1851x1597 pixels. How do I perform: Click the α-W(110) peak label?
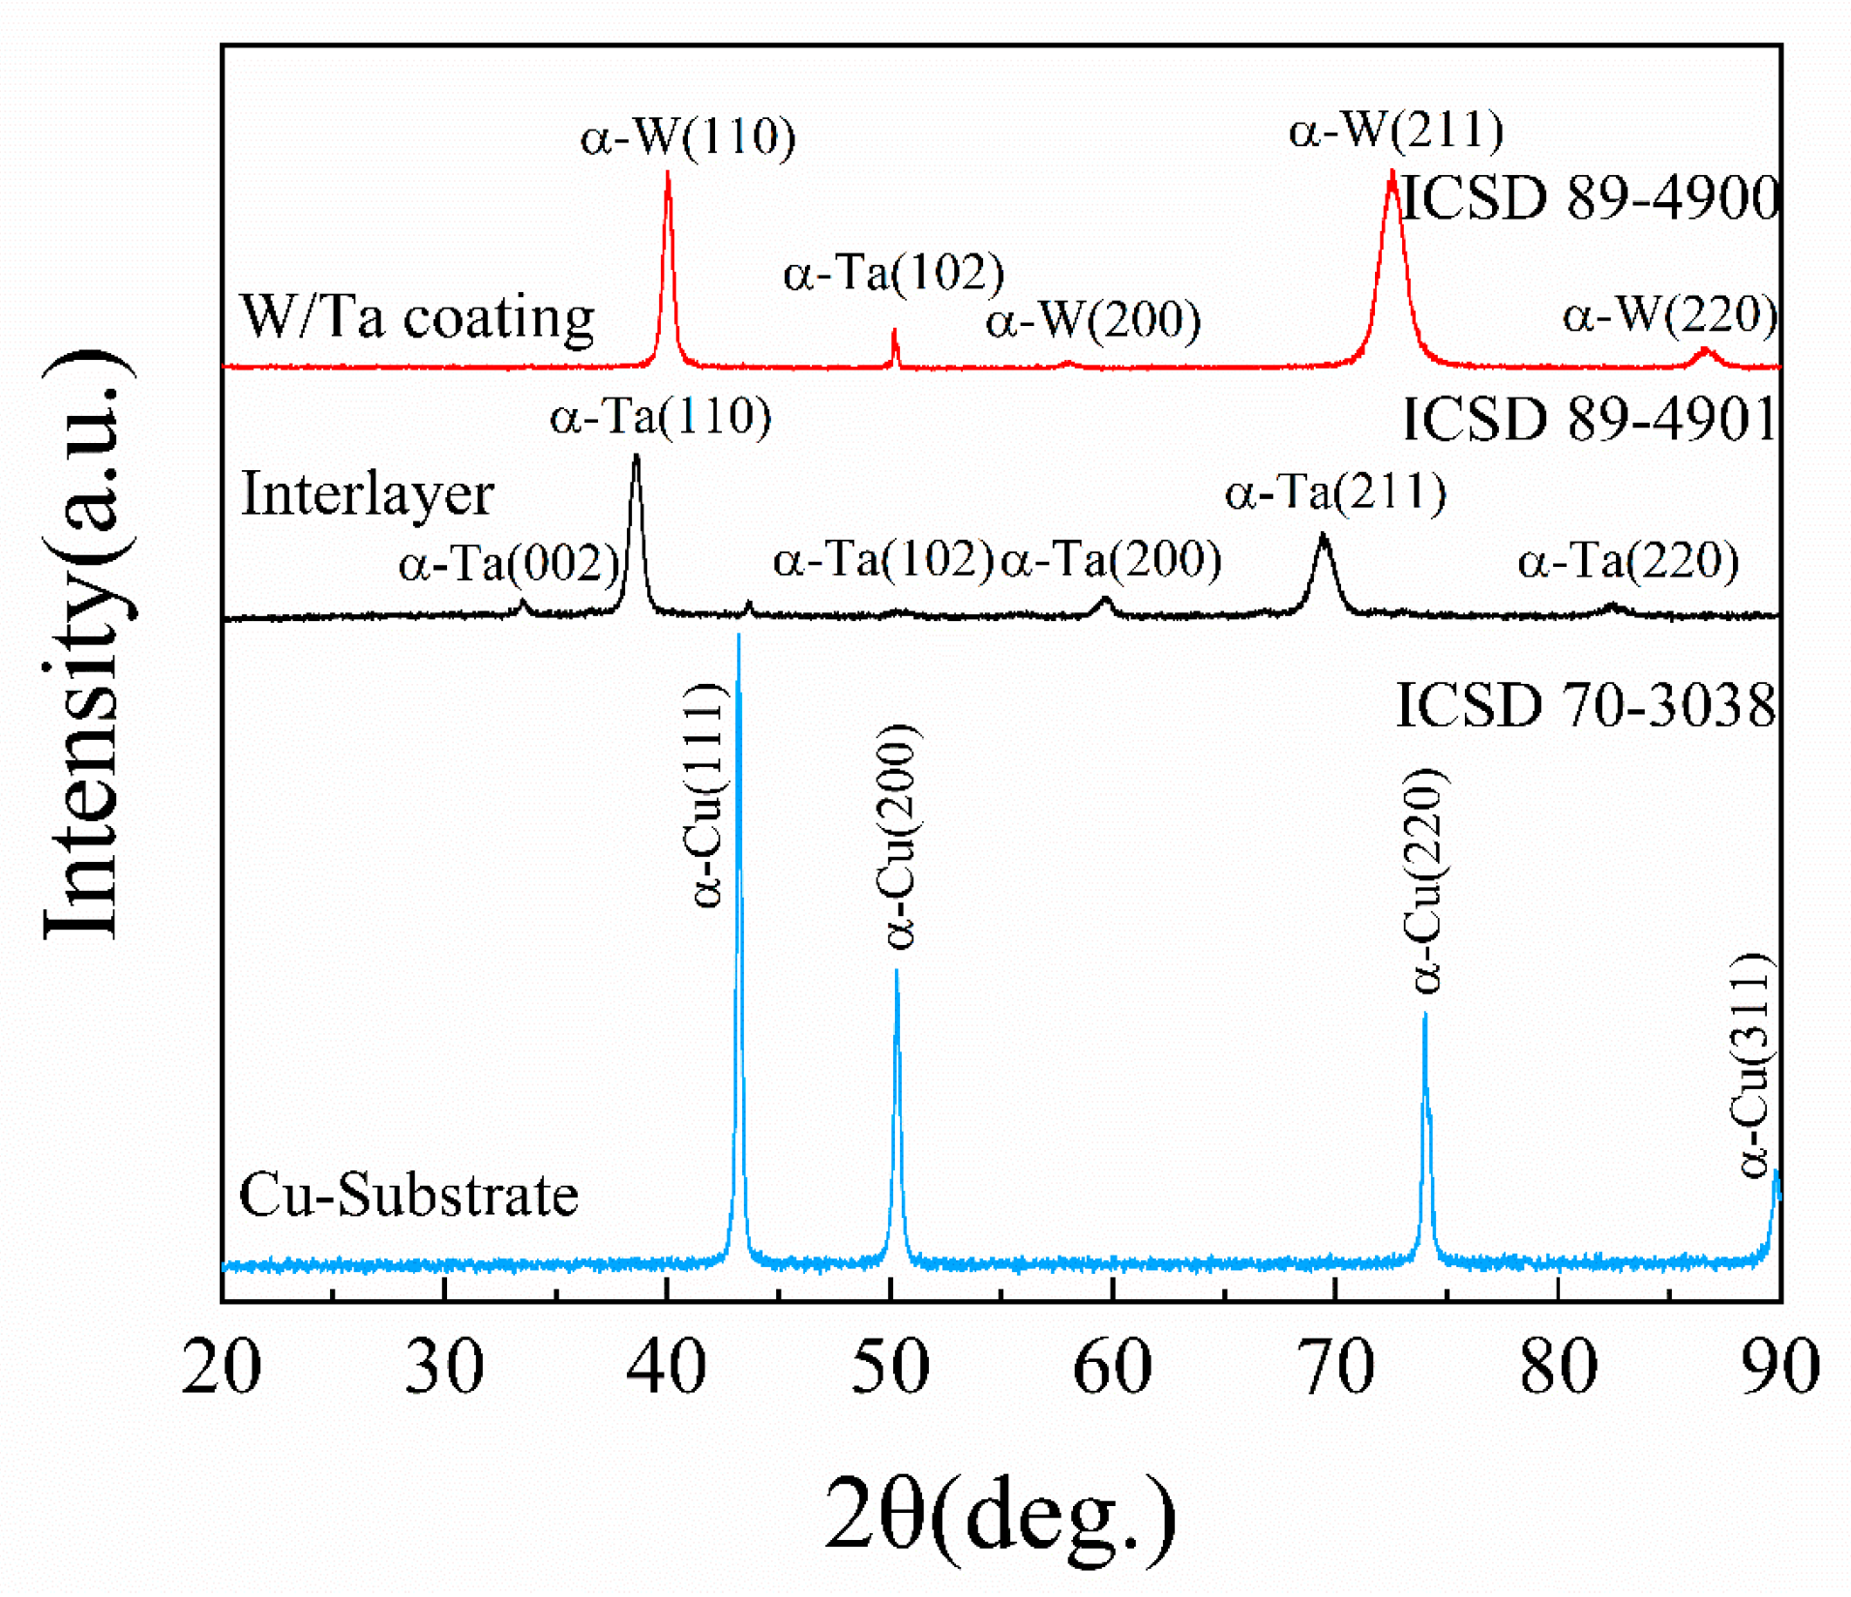coord(687,136)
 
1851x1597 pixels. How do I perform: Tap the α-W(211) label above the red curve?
coord(1395,130)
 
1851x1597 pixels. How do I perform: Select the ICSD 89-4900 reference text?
coord(1590,198)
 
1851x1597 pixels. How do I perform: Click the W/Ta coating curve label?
coord(416,317)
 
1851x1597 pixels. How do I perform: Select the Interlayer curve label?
coord(367,494)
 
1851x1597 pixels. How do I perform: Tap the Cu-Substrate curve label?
coord(407,1195)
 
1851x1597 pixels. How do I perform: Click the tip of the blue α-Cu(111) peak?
coord(738,636)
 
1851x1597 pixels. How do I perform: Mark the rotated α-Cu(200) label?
coord(899,838)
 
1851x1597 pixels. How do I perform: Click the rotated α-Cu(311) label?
coord(1751,1065)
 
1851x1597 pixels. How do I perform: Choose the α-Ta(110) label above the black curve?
coord(660,418)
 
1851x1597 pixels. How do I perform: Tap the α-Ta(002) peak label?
coord(508,563)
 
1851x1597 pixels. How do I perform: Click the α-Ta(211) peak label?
coord(1335,492)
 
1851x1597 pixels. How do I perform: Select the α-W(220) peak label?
coord(1670,315)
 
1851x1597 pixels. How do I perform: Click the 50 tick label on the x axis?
coord(889,1368)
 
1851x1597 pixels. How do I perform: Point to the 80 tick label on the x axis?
coord(1558,1368)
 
